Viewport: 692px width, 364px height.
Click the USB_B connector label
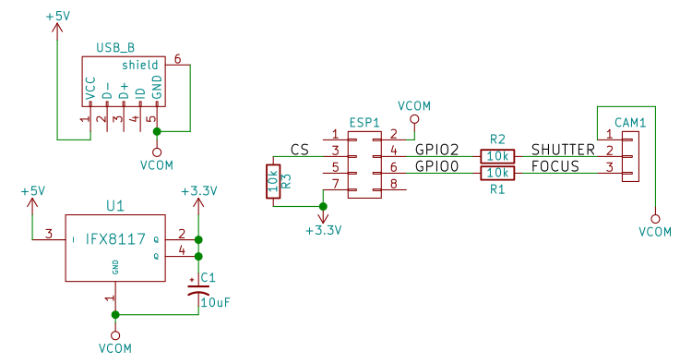pos(116,48)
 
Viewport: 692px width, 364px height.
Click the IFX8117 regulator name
pos(115,239)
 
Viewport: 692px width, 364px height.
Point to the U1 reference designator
pos(115,206)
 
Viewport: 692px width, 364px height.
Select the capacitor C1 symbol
pos(197,288)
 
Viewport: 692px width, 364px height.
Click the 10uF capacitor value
pos(215,301)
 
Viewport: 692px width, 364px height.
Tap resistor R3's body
pos(273,182)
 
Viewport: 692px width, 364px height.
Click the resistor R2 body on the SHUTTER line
pos(497,156)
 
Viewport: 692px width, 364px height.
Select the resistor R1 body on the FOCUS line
pos(497,173)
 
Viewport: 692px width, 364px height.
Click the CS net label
pos(299,150)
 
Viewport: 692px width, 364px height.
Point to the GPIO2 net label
pos(437,150)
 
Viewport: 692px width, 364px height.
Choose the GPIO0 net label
pos(437,166)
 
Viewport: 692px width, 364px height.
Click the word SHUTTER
pos(563,150)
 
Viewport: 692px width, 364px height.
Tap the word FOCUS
pos(555,166)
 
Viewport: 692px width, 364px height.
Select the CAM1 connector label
pos(630,121)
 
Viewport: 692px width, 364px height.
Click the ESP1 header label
pos(364,122)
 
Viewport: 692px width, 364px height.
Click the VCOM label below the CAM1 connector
pos(654,232)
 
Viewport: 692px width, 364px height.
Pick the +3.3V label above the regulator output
pos(198,191)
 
